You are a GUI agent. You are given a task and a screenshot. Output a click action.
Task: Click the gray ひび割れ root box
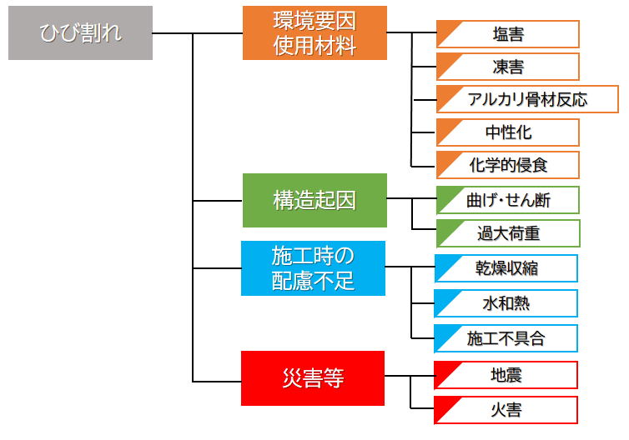tap(80, 33)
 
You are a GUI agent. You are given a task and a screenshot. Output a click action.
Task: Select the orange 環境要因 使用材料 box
tap(314, 33)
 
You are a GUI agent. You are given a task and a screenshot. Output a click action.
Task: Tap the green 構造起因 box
tap(314, 200)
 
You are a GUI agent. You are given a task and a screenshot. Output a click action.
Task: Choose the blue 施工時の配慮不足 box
tap(313, 268)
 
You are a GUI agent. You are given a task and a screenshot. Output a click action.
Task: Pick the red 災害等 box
tap(313, 378)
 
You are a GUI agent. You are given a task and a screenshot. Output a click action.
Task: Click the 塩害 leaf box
tap(508, 34)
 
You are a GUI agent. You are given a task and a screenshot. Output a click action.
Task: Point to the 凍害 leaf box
tap(508, 67)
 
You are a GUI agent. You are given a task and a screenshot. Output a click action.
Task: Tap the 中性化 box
tap(508, 132)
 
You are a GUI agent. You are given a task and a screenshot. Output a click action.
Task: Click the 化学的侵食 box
tap(508, 164)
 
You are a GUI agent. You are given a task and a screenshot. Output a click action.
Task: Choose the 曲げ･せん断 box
tap(508, 200)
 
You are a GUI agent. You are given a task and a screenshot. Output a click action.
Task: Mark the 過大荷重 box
tap(508, 232)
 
